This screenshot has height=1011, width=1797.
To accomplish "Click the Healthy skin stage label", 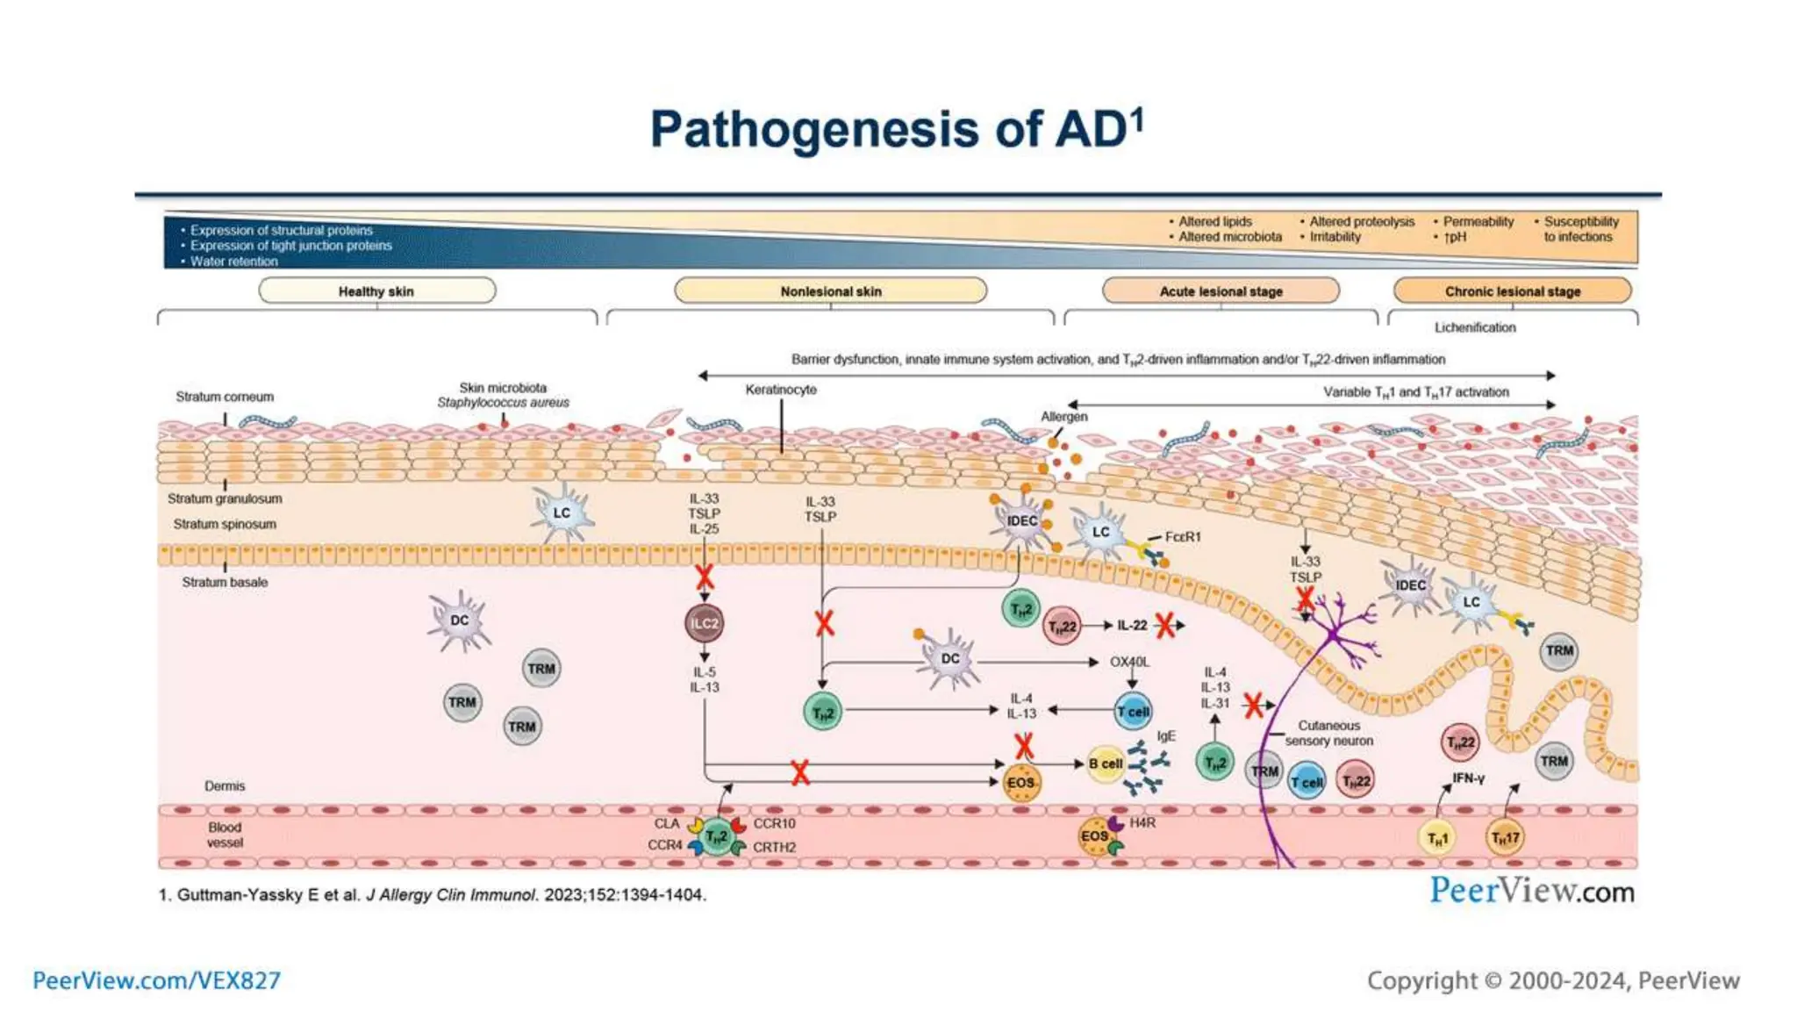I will point(376,291).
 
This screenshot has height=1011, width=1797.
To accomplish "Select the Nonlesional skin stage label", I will point(830,291).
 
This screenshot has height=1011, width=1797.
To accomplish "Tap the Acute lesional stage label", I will point(1221,291).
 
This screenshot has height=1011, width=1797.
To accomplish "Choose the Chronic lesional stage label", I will point(1512,291).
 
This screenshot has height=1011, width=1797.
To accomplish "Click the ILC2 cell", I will point(704,623).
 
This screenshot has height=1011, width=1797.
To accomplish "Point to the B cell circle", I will point(1105,764).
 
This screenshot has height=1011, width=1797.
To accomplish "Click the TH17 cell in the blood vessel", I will point(1505,838).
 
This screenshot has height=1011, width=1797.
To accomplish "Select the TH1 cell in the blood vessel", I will point(1436,839).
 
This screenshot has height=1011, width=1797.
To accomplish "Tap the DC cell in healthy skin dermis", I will point(459,620).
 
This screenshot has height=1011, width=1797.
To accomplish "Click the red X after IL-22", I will point(1164,626).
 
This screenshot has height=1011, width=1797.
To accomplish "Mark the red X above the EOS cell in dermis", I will point(1023,746).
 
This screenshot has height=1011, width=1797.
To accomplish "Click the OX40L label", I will point(1129,662).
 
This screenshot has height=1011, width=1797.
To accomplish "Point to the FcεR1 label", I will point(1183,536).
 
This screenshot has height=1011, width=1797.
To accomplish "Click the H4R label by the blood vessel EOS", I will point(1142,822).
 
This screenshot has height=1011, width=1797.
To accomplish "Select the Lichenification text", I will point(1474,327).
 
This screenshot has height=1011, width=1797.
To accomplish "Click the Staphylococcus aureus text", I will point(503,403).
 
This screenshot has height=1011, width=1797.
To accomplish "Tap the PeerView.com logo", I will point(1532,891).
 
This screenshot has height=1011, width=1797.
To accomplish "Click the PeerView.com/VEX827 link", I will point(156,980).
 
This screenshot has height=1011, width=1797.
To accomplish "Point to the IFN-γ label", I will point(1467,778).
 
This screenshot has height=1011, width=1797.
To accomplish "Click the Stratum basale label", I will point(225,582).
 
